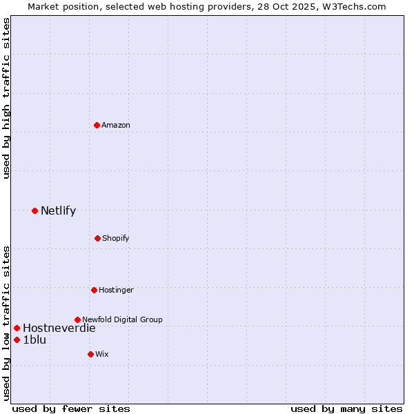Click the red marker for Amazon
pos(97,125)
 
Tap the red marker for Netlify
pos(34,210)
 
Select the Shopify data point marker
pos(97,238)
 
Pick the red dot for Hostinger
pos(94,290)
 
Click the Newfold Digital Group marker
pos(77,319)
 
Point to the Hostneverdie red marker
pos(17,328)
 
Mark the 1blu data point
pos(17,339)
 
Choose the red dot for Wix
pos(90,354)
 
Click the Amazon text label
pos(116,125)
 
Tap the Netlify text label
pos(58,210)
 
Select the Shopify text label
pos(116,238)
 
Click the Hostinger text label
pos(116,290)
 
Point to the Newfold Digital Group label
pos(122,319)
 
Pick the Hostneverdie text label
pos(59,328)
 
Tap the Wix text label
pos(102,354)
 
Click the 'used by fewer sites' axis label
pos(71,408)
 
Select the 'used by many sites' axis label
pos(346,408)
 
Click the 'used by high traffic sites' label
pos(6,98)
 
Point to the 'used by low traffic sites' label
pos(6,323)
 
